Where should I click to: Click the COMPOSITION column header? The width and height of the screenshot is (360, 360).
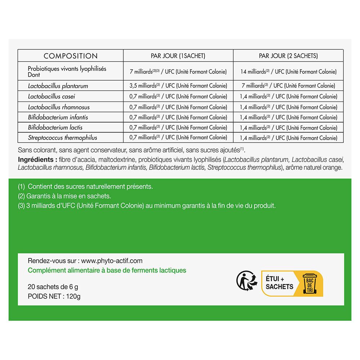pos(71,56)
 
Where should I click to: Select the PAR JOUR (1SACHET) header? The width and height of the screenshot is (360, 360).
pos(178,56)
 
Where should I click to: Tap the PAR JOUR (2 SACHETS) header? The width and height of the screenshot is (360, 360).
pos(288,56)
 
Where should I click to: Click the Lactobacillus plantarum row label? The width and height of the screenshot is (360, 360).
pos(58,86)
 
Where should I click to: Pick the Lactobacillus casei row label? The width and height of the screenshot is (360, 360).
pos(51,96)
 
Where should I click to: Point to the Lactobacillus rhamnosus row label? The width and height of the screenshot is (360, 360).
pos(59,107)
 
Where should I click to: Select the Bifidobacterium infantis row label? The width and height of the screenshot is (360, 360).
pos(58,117)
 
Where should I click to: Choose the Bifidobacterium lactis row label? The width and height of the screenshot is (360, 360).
pos(55,127)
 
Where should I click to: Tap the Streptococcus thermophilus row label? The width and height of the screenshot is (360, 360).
pos(63,138)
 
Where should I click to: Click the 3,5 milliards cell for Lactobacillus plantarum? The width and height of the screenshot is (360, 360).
pos(178,86)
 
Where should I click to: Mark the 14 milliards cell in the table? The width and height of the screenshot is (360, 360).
pos(288,72)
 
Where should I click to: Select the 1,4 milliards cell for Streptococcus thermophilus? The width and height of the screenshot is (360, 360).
pos(288,138)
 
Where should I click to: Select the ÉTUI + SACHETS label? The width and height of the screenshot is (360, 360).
pos(279,283)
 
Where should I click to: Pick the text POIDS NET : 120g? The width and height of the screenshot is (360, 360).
pos(54,296)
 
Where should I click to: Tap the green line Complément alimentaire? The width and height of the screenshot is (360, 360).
pos(107,270)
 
